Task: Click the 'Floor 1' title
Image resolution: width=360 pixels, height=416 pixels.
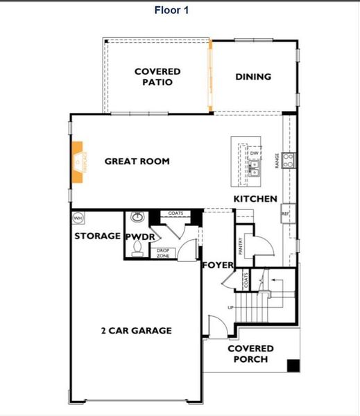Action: [x=171, y=10]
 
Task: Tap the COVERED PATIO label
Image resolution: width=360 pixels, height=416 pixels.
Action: [x=157, y=77]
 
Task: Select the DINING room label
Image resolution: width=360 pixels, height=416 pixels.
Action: [x=253, y=77]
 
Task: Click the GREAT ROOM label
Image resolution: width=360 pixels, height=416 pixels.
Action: [x=137, y=162]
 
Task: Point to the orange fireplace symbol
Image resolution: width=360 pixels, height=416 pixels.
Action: [x=78, y=162]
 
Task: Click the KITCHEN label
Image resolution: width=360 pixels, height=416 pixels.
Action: [x=255, y=199]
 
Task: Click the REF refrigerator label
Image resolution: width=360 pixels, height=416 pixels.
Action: [x=285, y=215]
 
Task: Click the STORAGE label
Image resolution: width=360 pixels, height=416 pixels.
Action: [x=98, y=236]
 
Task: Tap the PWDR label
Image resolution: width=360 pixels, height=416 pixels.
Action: [x=139, y=237]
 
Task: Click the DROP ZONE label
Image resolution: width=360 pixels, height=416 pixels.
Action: [x=163, y=253]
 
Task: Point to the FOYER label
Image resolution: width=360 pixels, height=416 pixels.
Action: [x=216, y=266]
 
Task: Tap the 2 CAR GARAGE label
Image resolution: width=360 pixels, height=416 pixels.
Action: [x=136, y=331]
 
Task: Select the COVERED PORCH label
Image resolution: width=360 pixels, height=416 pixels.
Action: [x=250, y=354]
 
